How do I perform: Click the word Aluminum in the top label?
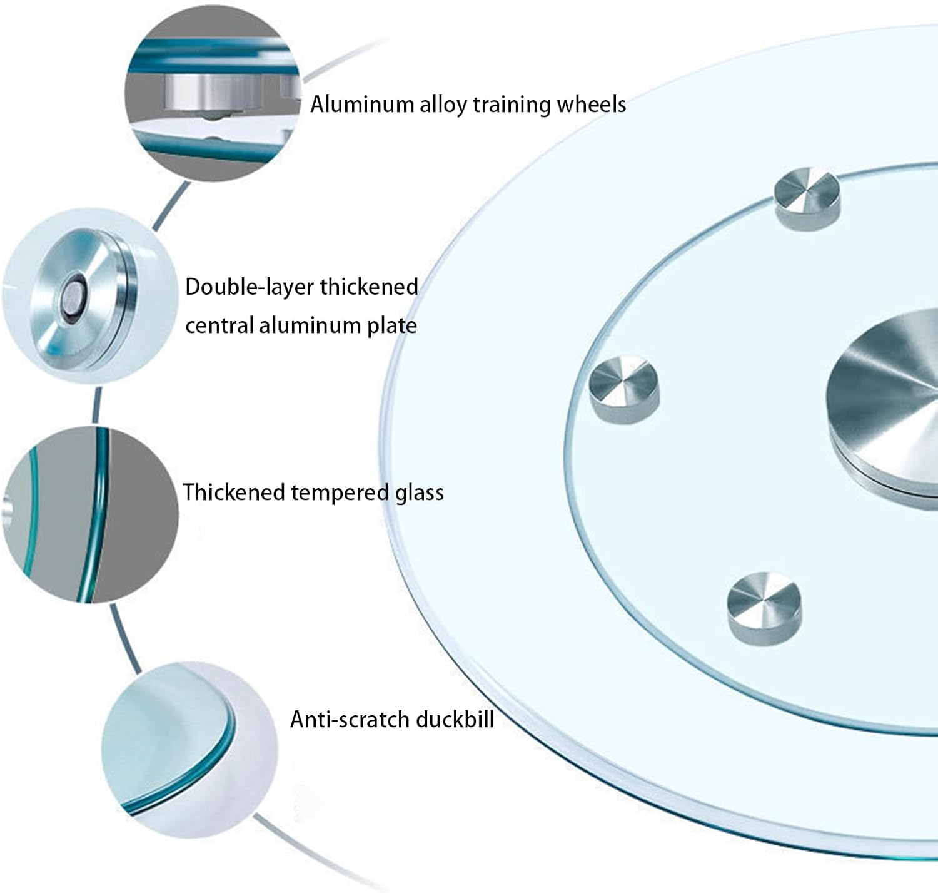pos(362,104)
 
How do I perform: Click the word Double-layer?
pos(249,288)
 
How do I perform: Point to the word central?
pos(219,325)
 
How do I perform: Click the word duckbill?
pos(455,719)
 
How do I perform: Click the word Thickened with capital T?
pos(234,492)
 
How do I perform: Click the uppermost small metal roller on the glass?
pos(807,199)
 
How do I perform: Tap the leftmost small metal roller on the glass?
pos(624,390)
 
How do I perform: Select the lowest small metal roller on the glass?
pos(764,609)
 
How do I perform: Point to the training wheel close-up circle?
pos(213,93)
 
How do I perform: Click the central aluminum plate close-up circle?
pos(90,296)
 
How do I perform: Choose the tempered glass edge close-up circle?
pos(90,515)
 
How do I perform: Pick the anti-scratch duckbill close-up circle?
pos(189,750)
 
